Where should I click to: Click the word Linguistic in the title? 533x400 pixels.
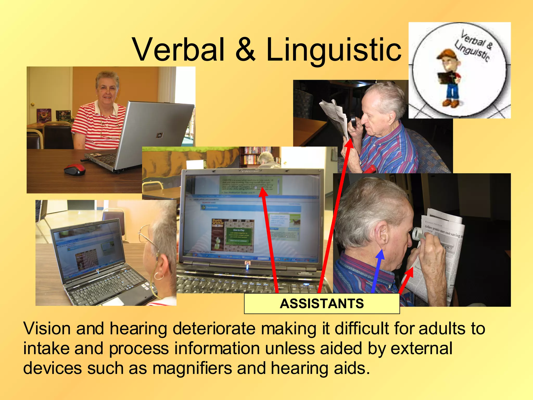click(x=334, y=49)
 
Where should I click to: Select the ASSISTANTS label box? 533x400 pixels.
click(x=322, y=304)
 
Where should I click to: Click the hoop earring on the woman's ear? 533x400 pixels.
click(x=158, y=276)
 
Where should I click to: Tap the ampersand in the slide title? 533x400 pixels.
click(x=245, y=49)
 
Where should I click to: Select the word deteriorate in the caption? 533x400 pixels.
click(x=214, y=328)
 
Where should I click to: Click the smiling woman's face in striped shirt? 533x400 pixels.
click(x=106, y=90)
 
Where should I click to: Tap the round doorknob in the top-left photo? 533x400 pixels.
click(x=33, y=104)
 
